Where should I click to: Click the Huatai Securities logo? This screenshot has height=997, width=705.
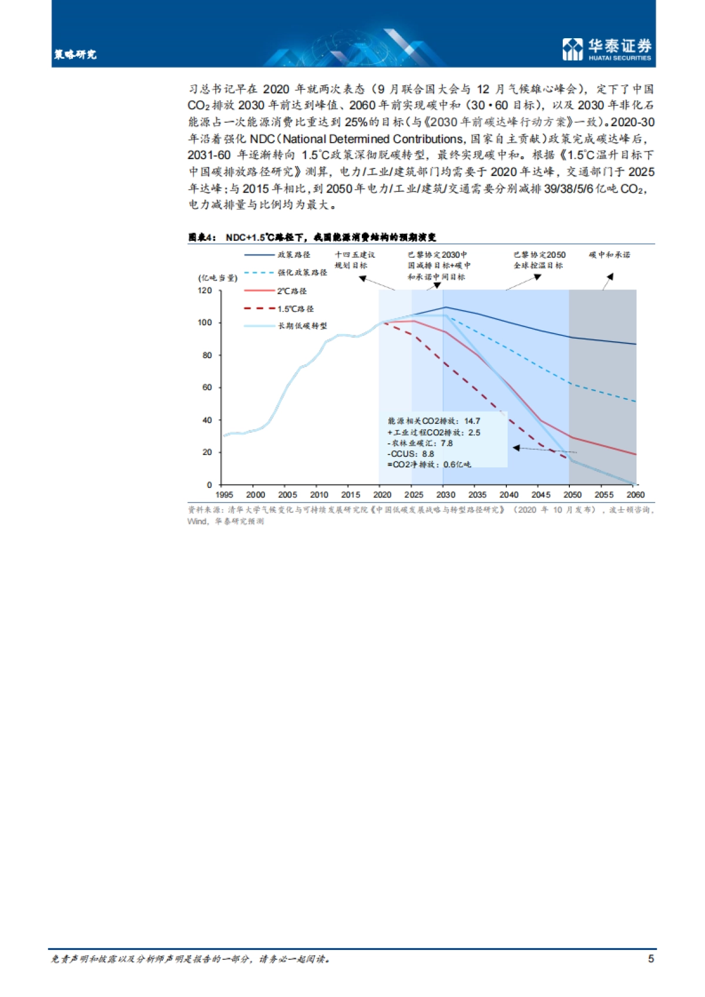(607, 49)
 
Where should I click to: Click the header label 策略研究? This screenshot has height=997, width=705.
(75, 55)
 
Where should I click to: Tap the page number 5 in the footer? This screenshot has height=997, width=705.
(650, 959)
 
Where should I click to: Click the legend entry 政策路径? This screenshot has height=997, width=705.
(294, 255)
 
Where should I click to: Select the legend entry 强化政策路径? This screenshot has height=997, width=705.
(302, 272)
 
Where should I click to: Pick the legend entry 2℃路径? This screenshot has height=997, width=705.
(292, 291)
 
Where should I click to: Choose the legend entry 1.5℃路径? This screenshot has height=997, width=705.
(296, 308)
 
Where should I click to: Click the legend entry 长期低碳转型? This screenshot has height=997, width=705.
(302, 326)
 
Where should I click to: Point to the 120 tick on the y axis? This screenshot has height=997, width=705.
(204, 291)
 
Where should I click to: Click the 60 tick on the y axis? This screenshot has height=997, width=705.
(207, 388)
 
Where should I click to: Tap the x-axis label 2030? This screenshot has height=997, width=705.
(445, 495)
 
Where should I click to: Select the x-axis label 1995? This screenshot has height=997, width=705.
(224, 495)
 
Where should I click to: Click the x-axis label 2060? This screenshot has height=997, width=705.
(635, 495)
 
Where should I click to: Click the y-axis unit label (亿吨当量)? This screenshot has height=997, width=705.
(217, 278)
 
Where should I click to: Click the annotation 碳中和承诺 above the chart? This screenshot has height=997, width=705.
(609, 255)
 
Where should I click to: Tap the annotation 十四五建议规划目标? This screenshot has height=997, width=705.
(354, 260)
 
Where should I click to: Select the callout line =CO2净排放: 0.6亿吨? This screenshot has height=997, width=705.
(429, 464)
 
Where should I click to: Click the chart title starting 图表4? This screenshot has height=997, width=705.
(312, 237)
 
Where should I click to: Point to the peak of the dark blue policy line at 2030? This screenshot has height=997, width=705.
(445, 307)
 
